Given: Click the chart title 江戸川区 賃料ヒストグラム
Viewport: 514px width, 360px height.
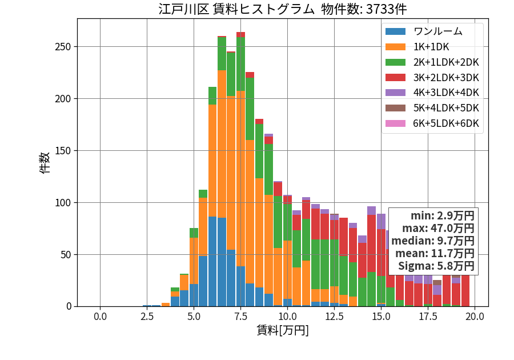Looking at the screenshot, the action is pos(236,9).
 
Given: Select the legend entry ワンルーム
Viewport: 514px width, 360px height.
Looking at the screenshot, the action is pos(437,31).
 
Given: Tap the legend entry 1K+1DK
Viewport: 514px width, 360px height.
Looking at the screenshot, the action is pos(431,47).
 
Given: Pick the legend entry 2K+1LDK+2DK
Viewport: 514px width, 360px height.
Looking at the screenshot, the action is pos(446,62).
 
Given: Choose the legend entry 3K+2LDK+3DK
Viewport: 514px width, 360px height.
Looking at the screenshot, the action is pos(446,78).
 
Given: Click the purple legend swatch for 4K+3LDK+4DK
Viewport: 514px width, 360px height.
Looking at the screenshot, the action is pos(395,93).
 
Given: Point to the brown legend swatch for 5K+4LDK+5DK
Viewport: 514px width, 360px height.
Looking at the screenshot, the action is pos(395,108).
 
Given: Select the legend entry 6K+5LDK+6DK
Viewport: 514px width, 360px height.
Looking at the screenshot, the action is pos(446,123).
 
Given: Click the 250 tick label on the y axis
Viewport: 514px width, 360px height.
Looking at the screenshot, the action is pos(63,47).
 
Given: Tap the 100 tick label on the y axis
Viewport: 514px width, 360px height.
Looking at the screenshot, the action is pos(63,203).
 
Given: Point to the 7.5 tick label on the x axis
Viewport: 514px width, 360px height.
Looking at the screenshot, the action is pos(240,317).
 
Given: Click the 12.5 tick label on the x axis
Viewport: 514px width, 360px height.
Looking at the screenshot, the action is pos(334,317).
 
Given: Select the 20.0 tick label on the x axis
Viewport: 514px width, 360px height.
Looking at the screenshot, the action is pos(475,317).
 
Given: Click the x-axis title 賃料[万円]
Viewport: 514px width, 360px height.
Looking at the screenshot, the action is pos(283,330).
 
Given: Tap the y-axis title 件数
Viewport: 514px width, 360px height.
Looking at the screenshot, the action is pos(45,163).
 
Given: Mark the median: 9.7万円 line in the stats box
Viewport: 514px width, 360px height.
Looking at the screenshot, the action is pos(433,241).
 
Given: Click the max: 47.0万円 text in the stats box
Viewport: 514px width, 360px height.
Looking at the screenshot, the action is pos(438,228).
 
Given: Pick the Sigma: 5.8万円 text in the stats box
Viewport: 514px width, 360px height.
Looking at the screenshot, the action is pos(436,266).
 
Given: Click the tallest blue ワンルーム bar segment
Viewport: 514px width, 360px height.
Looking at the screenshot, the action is pos(212,262).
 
